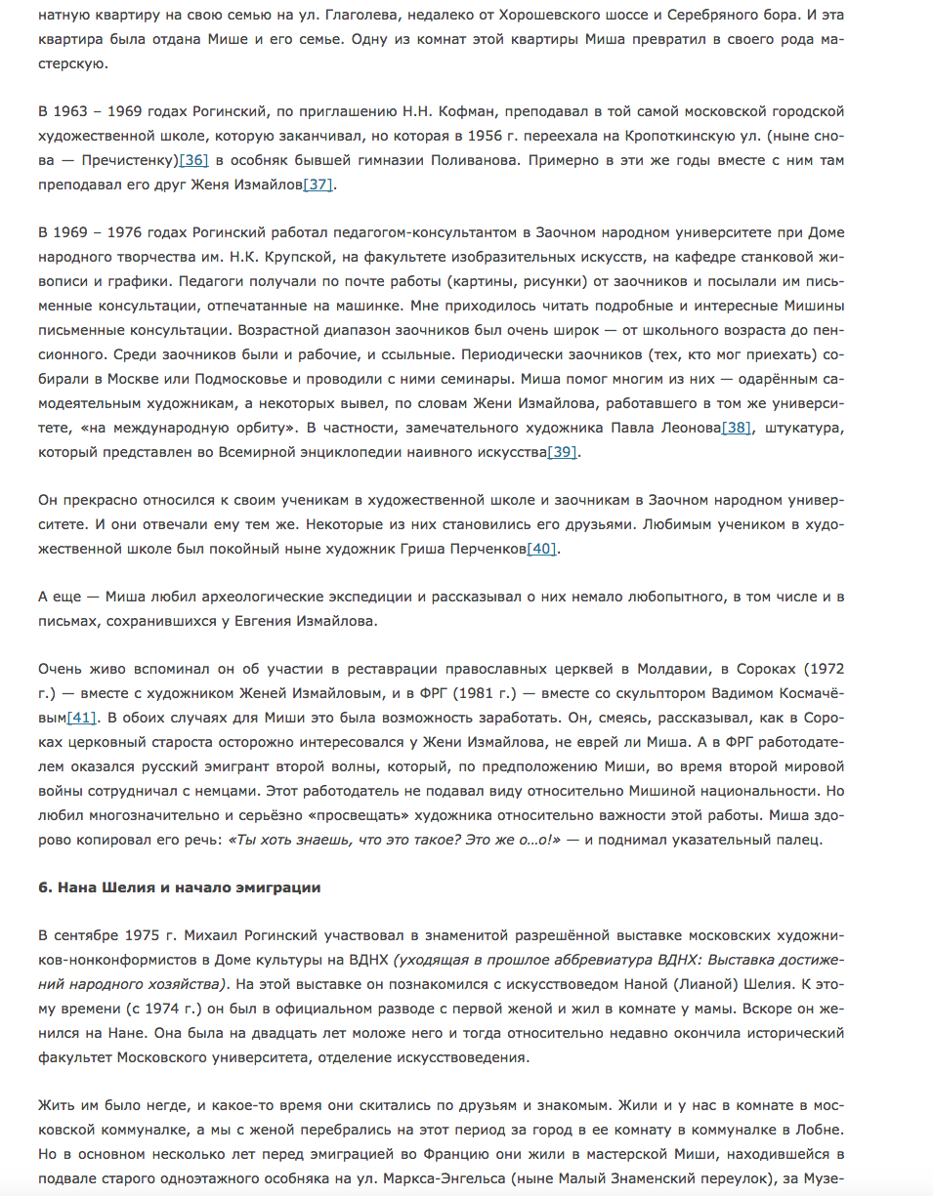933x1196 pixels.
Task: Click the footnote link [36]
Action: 193,159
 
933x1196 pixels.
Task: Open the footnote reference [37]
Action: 318,184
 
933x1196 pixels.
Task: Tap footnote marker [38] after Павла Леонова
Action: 736,427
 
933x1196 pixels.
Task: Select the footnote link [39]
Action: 563,451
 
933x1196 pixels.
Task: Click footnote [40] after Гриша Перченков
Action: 542,549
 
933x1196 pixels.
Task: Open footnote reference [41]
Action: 81,718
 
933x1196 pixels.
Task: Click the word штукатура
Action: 801,427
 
